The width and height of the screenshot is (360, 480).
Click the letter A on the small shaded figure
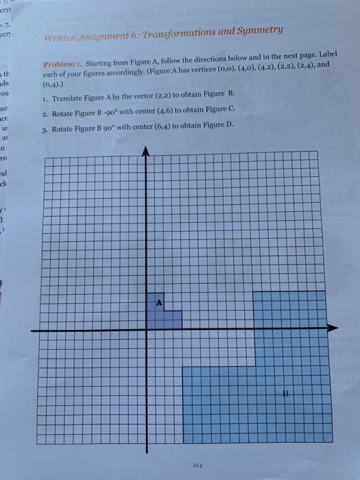point(159,302)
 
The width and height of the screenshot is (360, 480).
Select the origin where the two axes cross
point(147,329)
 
